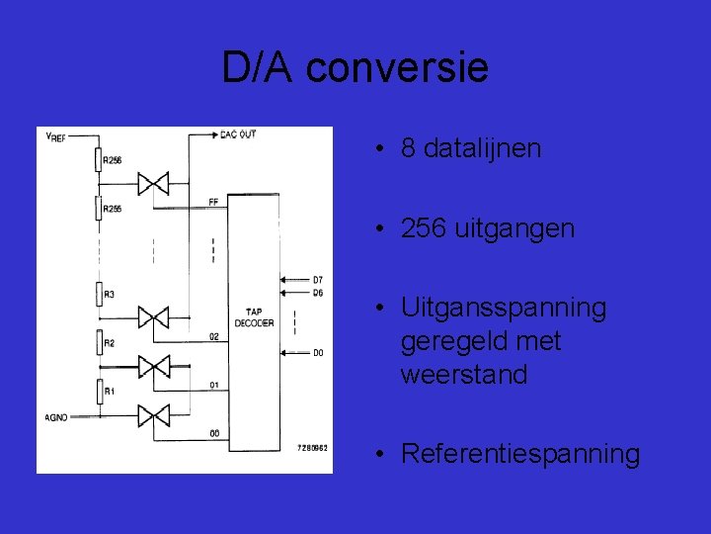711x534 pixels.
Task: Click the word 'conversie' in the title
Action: tap(397, 68)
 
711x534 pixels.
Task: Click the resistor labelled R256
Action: tap(99, 160)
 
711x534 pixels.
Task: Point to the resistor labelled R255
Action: tap(99, 209)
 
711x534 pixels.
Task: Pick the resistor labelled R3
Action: tap(99, 295)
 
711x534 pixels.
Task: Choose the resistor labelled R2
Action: tap(99, 343)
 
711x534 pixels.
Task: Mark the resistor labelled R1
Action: tap(99, 392)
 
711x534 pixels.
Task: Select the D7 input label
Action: tap(317, 280)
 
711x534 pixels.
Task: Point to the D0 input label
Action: tap(317, 352)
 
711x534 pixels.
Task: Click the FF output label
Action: tap(213, 202)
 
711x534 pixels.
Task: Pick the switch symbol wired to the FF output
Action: tap(153, 183)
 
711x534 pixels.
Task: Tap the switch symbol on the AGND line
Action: tap(153, 414)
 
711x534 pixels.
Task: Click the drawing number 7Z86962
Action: tap(312, 448)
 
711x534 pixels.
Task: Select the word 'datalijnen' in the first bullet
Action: tap(486, 148)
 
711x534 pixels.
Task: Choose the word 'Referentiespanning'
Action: tap(520, 454)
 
